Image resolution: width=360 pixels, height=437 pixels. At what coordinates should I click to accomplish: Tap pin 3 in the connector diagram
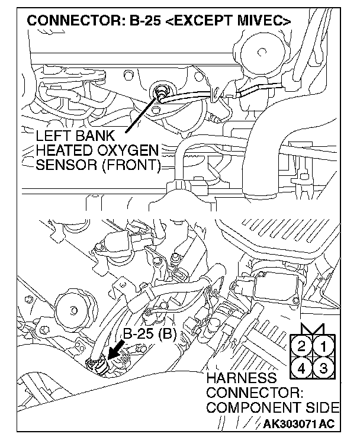click(x=323, y=367)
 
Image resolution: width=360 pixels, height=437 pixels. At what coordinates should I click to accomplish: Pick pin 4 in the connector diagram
click(x=301, y=367)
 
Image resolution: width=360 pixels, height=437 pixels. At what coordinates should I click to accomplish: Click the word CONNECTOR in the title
click(x=64, y=20)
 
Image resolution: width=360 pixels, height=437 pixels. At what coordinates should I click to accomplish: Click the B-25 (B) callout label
click(x=149, y=334)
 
